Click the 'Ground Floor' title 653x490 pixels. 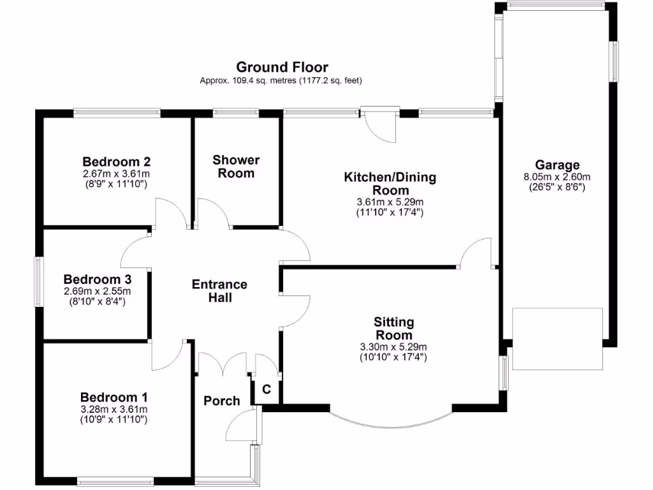282,67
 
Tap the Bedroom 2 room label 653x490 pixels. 116,161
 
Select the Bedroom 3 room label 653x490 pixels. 98,279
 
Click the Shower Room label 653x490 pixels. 236,167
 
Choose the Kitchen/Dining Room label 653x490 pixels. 390,184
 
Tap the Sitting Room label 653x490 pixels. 393,329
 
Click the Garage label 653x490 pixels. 557,165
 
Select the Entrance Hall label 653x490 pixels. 219,291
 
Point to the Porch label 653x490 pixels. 221,401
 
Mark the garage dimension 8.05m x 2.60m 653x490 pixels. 557,177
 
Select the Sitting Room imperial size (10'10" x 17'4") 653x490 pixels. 393,357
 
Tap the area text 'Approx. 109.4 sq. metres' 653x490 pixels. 247,81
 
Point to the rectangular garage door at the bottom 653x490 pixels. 557,339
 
